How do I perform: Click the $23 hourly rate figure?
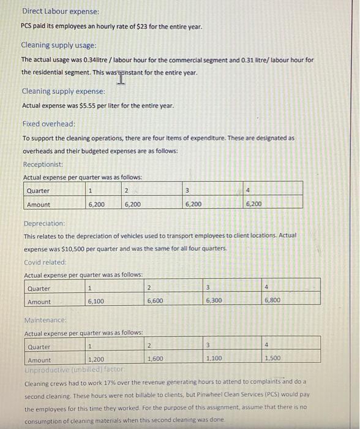click(140, 26)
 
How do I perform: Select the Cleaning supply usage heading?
click(59, 45)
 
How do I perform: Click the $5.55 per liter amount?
click(91, 105)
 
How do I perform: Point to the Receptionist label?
click(42, 164)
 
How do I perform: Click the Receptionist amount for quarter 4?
click(253, 204)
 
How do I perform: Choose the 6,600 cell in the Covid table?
click(156, 302)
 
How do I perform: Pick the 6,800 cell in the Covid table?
click(272, 300)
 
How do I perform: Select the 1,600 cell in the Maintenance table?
click(156, 359)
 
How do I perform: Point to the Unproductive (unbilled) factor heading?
click(73, 370)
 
